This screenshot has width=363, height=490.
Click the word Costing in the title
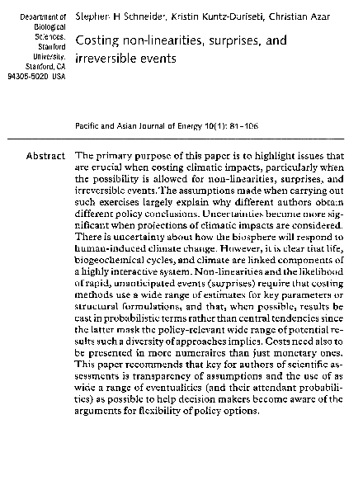pos(99,40)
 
